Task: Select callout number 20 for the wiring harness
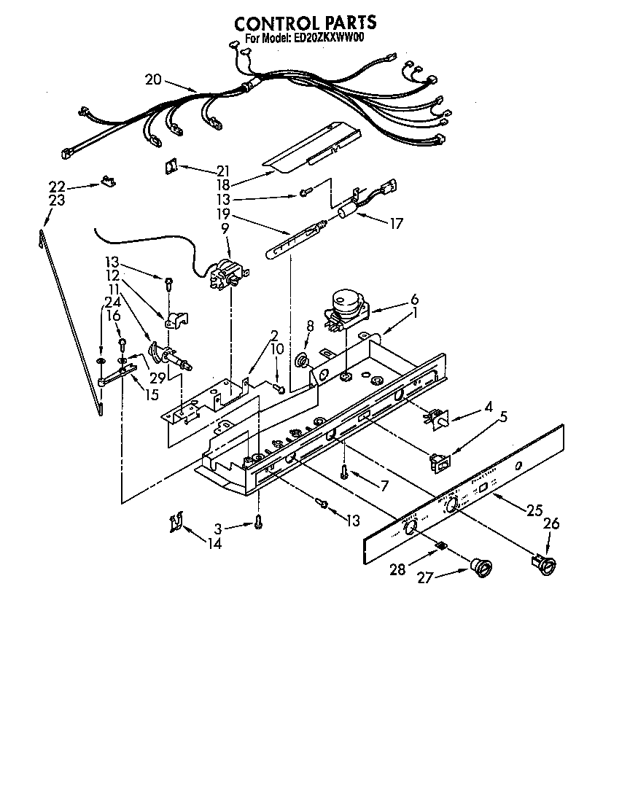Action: click(x=153, y=79)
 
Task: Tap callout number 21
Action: click(x=222, y=171)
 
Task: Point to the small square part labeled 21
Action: click(x=171, y=167)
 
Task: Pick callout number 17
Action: click(x=395, y=224)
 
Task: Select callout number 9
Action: click(x=225, y=228)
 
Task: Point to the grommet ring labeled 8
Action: click(x=300, y=359)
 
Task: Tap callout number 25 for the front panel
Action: click(x=534, y=510)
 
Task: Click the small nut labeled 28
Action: click(x=442, y=545)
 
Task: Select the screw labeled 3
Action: click(x=258, y=521)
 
